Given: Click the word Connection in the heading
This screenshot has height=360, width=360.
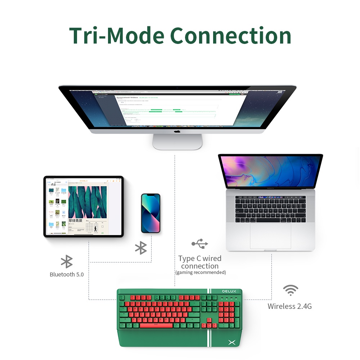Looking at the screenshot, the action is click(230, 35).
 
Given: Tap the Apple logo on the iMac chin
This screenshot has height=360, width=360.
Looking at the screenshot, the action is click(177, 131).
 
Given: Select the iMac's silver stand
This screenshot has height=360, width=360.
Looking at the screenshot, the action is click(177, 142).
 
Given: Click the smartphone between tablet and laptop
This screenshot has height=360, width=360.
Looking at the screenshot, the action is click(150, 213).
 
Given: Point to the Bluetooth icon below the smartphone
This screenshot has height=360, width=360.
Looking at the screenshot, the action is click(141, 248).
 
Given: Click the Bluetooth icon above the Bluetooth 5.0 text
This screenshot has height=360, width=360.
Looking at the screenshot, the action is click(67, 262).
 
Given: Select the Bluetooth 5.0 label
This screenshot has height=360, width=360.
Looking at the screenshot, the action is click(67, 274).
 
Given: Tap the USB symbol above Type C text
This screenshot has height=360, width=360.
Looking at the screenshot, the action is click(200, 244).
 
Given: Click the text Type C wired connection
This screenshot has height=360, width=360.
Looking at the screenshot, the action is click(200, 262).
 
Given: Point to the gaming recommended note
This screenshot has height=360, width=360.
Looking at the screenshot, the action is click(201, 273).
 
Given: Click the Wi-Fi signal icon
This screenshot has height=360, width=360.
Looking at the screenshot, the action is click(291, 290).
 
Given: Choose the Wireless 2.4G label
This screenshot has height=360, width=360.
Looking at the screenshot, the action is click(289, 306).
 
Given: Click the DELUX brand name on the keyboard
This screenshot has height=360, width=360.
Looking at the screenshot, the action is click(229, 291).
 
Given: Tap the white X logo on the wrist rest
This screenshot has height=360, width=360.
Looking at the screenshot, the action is click(232, 343).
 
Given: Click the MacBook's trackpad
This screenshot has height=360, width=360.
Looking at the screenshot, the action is click(270, 236).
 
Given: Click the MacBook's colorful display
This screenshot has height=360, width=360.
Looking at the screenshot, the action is click(270, 171).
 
